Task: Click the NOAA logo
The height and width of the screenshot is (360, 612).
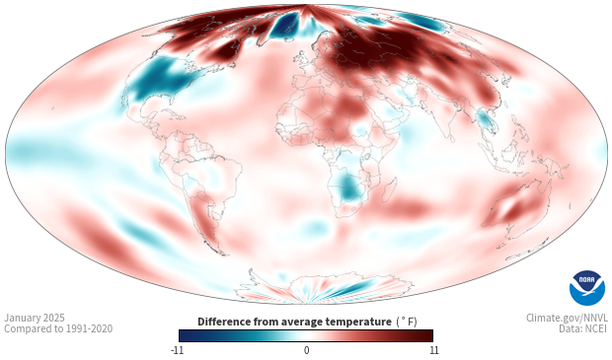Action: [x=587, y=288]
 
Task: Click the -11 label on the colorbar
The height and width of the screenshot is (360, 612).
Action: [x=178, y=350]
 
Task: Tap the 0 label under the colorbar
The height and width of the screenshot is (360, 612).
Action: [x=306, y=350]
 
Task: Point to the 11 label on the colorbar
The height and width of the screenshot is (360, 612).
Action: [x=433, y=350]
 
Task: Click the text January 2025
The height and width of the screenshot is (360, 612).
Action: [x=35, y=318]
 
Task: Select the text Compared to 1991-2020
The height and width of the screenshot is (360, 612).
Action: [x=58, y=328]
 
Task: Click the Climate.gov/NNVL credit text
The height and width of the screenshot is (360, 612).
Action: [x=568, y=318]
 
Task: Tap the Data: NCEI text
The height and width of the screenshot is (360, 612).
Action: [x=583, y=328]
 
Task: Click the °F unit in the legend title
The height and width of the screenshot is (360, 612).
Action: [x=407, y=322]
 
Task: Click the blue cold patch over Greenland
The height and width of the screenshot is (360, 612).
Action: [x=285, y=26]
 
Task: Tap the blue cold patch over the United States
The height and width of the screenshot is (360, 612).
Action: [x=160, y=80]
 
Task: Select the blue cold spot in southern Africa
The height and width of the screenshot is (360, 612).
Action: [x=347, y=188]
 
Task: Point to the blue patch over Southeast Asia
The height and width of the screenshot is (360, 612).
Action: [x=485, y=120]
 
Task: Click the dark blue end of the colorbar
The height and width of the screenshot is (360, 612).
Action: [x=186, y=335]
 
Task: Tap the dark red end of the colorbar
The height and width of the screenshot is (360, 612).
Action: [x=426, y=335]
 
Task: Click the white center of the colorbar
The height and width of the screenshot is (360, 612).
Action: [x=306, y=335]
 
